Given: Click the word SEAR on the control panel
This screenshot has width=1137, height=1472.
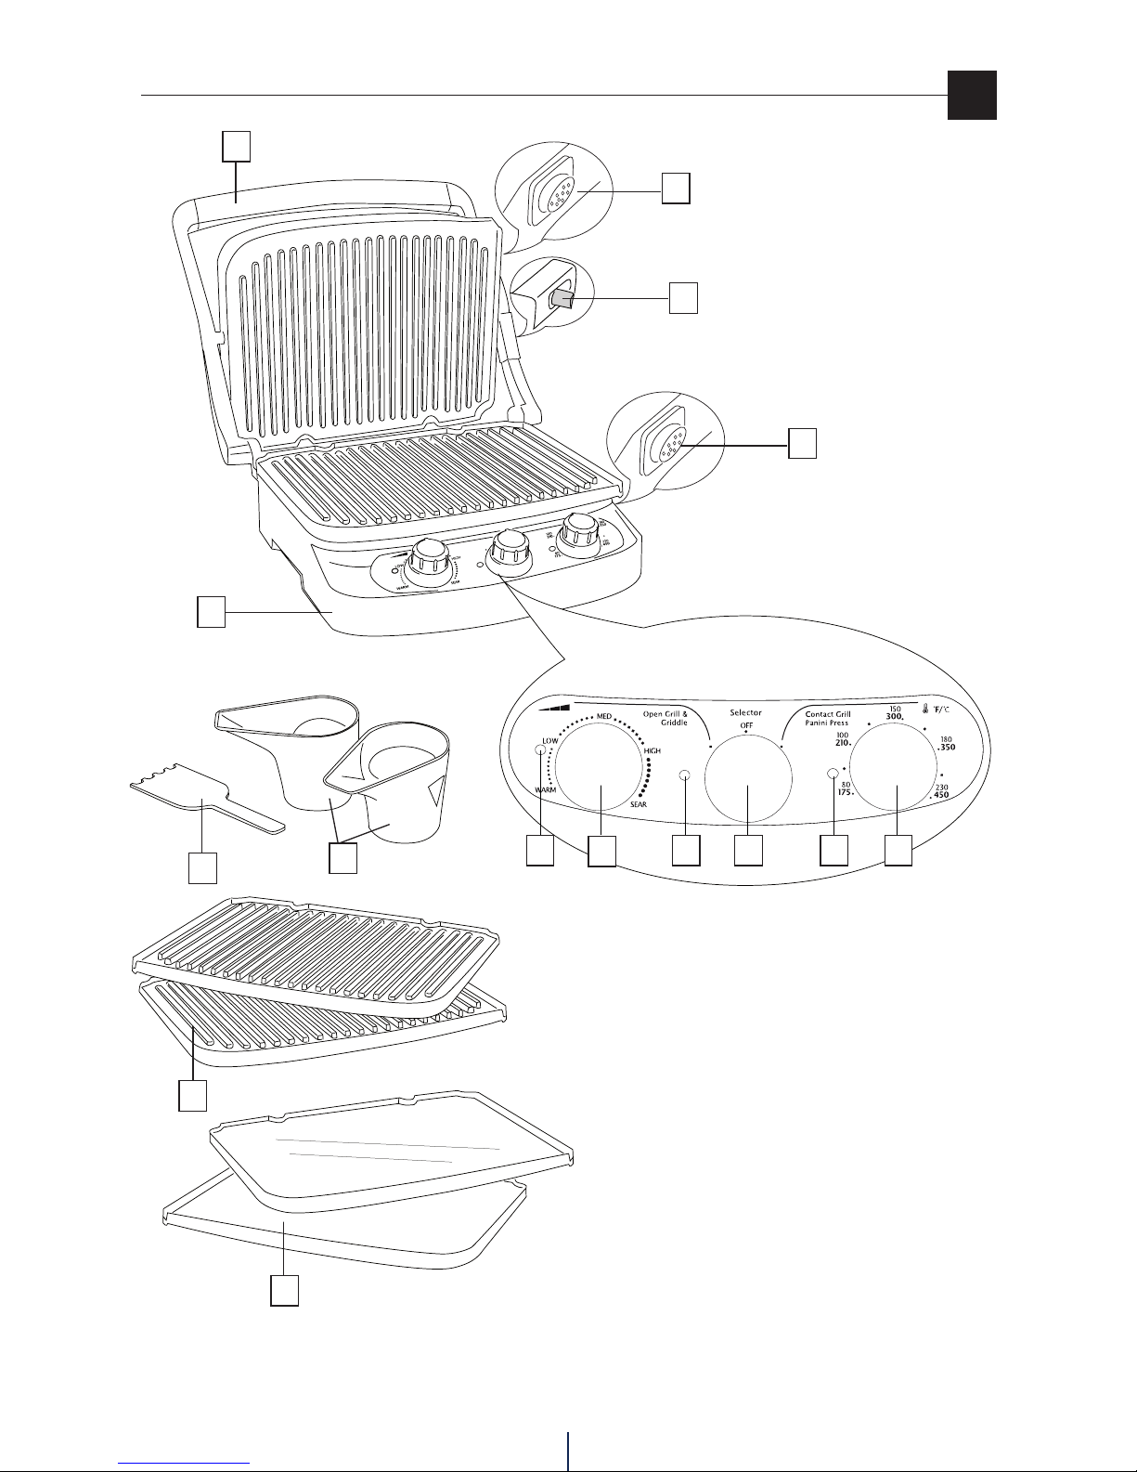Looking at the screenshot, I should tap(638, 804).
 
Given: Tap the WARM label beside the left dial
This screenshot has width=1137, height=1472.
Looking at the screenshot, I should tap(545, 789).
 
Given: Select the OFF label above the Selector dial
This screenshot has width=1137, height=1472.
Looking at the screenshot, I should tap(746, 724).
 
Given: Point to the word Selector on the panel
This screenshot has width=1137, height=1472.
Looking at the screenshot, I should tap(745, 713).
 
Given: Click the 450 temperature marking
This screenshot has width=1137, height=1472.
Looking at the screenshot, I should tap(940, 795).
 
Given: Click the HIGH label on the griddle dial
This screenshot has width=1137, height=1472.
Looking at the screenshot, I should tap(652, 750).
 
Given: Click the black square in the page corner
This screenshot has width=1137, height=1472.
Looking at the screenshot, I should tap(972, 96).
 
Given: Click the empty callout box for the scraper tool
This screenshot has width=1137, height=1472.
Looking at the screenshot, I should tap(202, 867).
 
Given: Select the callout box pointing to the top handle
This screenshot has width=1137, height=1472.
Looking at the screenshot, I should tap(236, 145).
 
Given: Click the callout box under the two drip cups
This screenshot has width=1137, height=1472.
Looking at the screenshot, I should tap(343, 858).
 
